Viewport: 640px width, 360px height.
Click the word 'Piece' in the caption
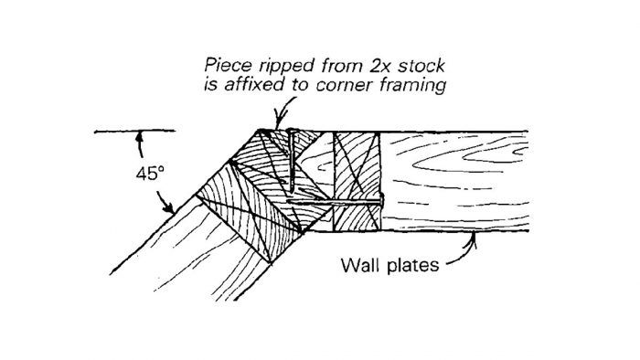click(x=227, y=65)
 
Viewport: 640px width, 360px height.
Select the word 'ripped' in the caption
click(x=278, y=67)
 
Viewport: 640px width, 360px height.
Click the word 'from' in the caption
click(x=326, y=65)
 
